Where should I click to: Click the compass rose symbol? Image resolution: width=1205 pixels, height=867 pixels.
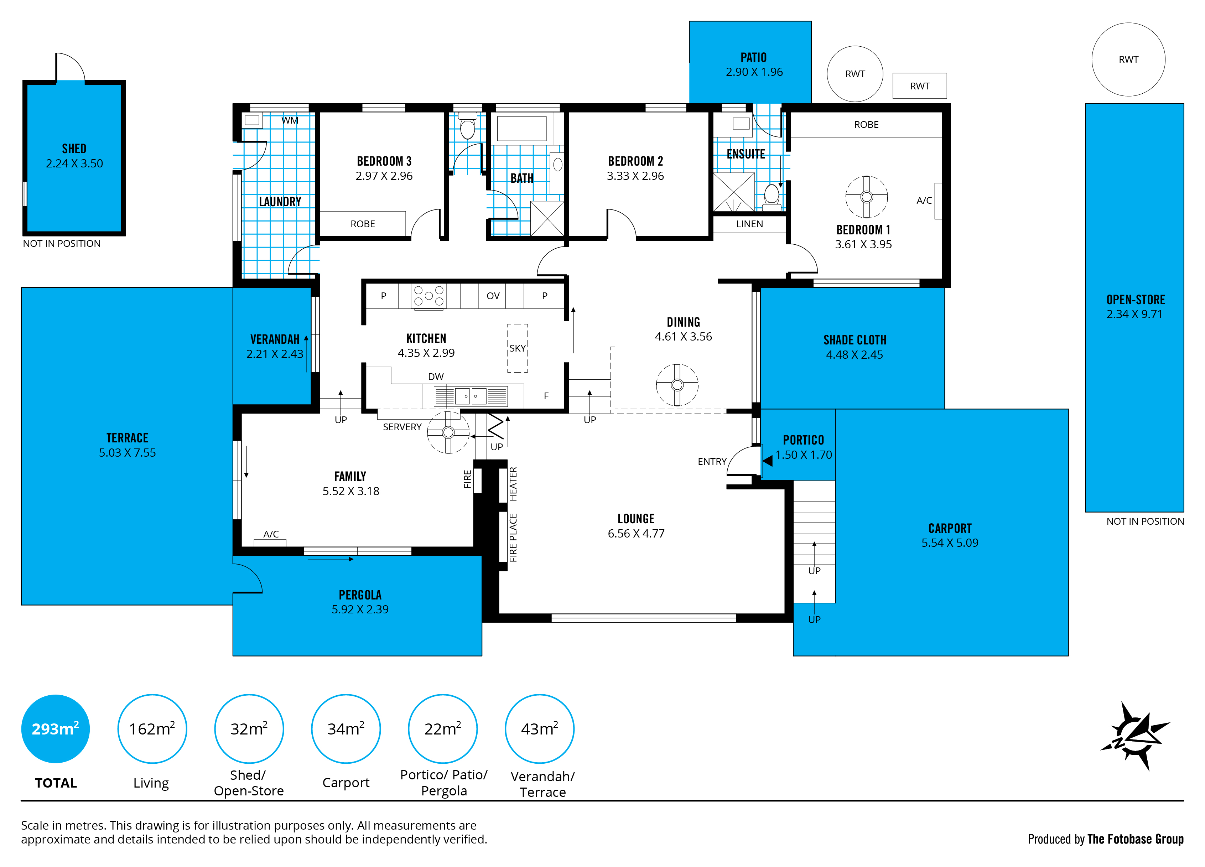[1135, 736]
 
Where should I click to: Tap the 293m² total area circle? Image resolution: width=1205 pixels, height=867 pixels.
[55, 728]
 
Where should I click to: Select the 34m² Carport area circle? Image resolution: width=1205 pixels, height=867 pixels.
[346, 728]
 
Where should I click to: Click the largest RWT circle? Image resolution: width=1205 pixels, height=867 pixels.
[1128, 59]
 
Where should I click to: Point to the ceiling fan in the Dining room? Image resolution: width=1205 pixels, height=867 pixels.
[676, 385]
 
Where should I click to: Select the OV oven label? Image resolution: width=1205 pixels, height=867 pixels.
[493, 296]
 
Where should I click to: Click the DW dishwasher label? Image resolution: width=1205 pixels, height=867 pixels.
[435, 377]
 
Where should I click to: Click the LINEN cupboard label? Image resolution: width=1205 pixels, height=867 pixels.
[749, 224]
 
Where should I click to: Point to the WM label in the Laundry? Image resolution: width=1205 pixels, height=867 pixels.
[290, 121]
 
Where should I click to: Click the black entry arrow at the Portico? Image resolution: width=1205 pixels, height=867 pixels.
[767, 461]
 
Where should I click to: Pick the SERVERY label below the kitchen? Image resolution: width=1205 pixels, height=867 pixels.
[402, 427]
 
